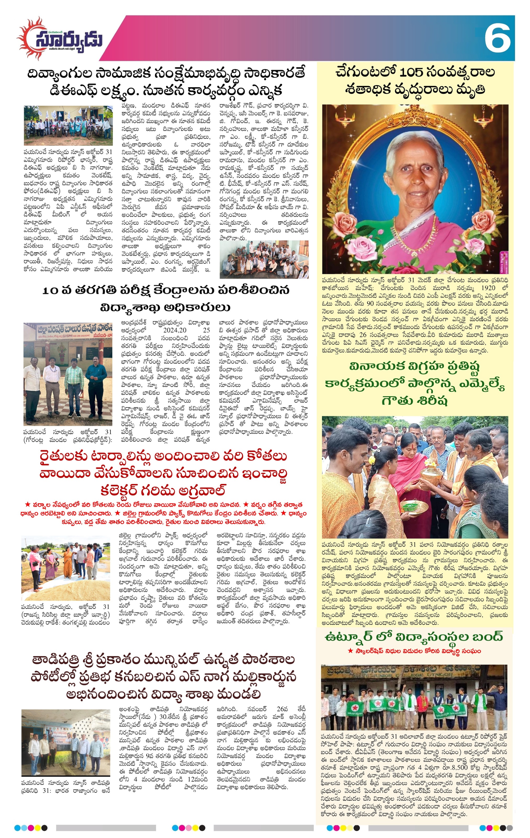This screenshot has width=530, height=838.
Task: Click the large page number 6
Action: coord(498,38)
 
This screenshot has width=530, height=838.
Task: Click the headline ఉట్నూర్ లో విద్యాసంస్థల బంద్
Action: coord(414,637)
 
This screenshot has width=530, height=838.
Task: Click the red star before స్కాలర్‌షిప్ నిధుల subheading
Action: coord(350,651)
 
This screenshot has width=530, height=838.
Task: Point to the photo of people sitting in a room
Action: coord(264,260)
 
